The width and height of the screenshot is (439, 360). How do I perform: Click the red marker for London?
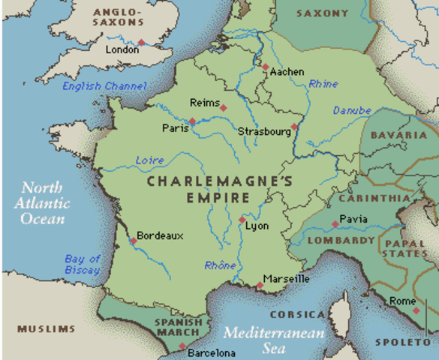pyautogui.click(x=140, y=43)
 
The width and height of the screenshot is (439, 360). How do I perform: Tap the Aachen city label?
pyautogui.click(x=287, y=72)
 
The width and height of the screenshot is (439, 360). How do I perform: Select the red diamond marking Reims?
pyautogui.click(x=223, y=108)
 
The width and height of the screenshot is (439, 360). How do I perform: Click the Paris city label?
pyautogui.click(x=174, y=128)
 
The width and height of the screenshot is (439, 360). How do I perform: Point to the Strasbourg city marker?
pyautogui.click(x=294, y=127)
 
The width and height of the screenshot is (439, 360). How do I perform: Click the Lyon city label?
pyautogui.click(x=257, y=225)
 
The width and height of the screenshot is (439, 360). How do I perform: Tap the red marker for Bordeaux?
pyautogui.click(x=133, y=241)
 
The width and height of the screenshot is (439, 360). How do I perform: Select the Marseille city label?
pyautogui.click(x=287, y=279)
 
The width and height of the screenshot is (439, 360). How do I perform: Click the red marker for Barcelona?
pyautogui.click(x=182, y=346)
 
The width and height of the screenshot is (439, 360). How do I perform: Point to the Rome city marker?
pyautogui.click(x=416, y=310)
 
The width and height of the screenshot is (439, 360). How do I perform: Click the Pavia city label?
pyautogui.click(x=353, y=219)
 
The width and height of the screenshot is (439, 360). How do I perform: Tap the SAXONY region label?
pyautogui.click(x=322, y=13)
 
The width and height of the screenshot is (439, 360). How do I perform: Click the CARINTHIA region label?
pyautogui.click(x=374, y=199)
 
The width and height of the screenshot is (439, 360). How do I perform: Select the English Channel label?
pyautogui.click(x=104, y=86)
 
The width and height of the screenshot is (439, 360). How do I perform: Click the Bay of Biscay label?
pyautogui.click(x=82, y=265)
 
